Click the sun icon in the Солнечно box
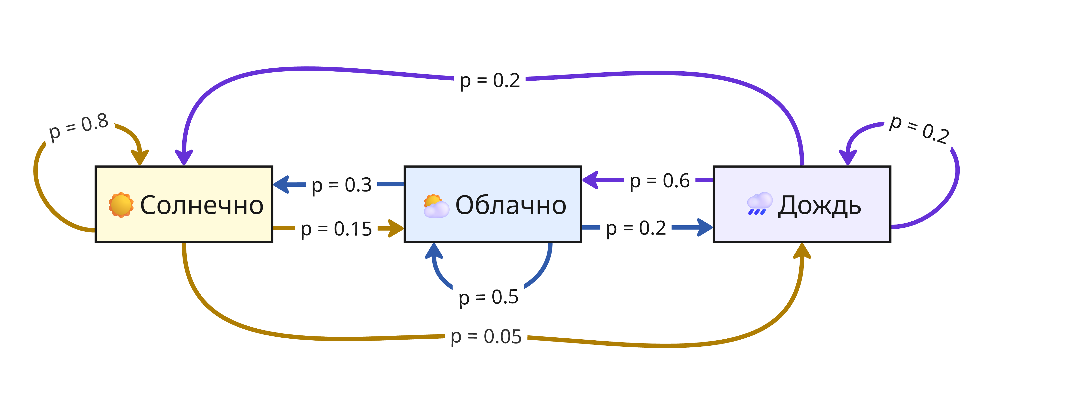coord(121,205)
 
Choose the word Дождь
coord(819,205)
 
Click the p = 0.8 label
coord(78,127)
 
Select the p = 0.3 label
coord(341,185)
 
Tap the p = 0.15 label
coord(336,229)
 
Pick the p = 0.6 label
coord(660,181)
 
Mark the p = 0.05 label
coord(486,337)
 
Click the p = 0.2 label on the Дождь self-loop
coord(919,130)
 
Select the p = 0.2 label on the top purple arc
coord(490,80)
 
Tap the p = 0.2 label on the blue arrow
coord(636,228)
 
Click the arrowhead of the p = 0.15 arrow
coord(396,228)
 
